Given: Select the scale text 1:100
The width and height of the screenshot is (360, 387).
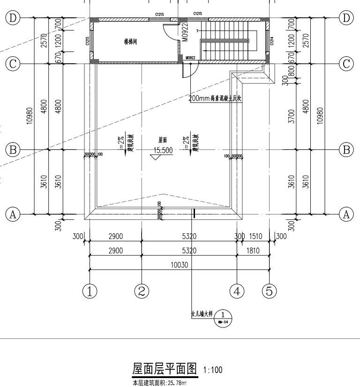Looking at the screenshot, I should click(213, 371).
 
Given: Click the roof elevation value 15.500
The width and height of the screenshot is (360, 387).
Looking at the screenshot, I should click(163, 150).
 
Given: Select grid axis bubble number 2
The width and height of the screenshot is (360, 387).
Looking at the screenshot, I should click(142, 291).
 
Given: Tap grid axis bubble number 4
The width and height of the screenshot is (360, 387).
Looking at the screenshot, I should click(237, 291).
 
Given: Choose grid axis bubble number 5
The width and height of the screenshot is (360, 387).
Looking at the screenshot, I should click(269, 291).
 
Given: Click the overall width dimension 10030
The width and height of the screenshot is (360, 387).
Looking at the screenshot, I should click(180, 265).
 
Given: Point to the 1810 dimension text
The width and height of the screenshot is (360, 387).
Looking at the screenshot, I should click(254, 251).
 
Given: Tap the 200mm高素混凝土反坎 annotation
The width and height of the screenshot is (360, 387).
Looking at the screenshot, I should click(215, 99).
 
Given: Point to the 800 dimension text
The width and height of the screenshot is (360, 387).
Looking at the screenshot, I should click(291, 70).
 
